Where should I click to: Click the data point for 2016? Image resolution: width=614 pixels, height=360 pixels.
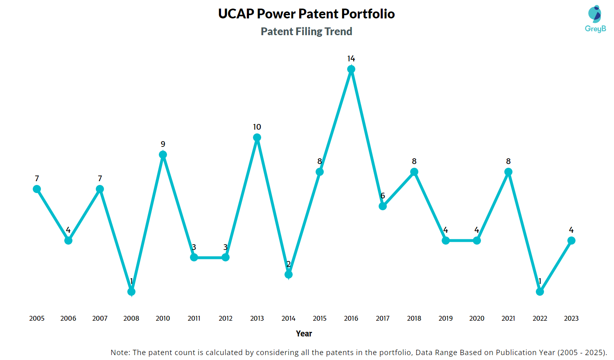351,70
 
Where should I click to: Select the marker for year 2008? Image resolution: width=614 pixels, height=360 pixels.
131,292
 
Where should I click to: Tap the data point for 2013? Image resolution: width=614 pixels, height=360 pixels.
257,137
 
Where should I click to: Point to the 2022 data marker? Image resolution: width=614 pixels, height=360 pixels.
540,292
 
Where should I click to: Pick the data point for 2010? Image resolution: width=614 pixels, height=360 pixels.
163,155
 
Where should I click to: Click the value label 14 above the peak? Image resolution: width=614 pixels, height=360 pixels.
351,59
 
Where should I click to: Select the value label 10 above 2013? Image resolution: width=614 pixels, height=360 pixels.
257,127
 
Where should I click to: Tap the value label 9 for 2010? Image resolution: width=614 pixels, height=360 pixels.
163,144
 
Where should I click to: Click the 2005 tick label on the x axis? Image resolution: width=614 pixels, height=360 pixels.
37,318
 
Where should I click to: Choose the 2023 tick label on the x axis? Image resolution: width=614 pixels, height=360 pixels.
571,318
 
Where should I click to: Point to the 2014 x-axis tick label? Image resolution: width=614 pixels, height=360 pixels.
289,318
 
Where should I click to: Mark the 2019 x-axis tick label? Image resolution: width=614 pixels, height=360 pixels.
446,318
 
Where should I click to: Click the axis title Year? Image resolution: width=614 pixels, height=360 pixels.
304,334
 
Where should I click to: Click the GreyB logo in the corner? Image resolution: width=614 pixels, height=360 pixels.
595,19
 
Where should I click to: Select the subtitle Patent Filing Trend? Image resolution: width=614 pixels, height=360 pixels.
307,32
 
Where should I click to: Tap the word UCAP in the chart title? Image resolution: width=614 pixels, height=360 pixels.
236,14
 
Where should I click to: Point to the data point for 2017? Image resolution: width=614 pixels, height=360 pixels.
383,206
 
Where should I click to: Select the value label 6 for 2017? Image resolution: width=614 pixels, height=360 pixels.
383,196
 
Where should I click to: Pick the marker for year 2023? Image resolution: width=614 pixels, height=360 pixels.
571,241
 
